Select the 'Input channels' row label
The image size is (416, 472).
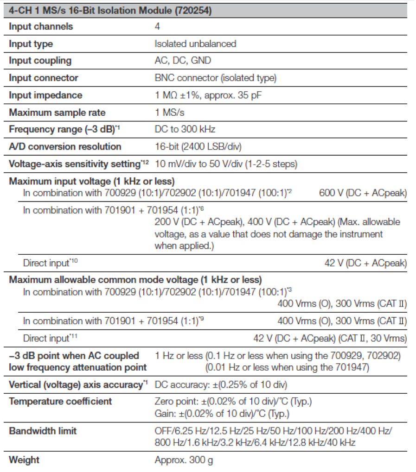pos(41,26)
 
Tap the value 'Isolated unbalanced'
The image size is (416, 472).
pos(195,44)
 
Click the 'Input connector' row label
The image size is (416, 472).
pos(44,78)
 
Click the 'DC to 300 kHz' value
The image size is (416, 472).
pos(185,130)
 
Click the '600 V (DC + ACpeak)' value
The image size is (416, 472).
pos(363,193)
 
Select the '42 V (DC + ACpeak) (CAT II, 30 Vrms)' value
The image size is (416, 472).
pos(330,339)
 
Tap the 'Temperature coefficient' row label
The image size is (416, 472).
pos(60,401)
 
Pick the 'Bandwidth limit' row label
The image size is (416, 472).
pos(43,431)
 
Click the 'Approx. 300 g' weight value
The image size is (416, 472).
pos(184,460)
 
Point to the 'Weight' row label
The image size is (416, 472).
pos(24,460)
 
